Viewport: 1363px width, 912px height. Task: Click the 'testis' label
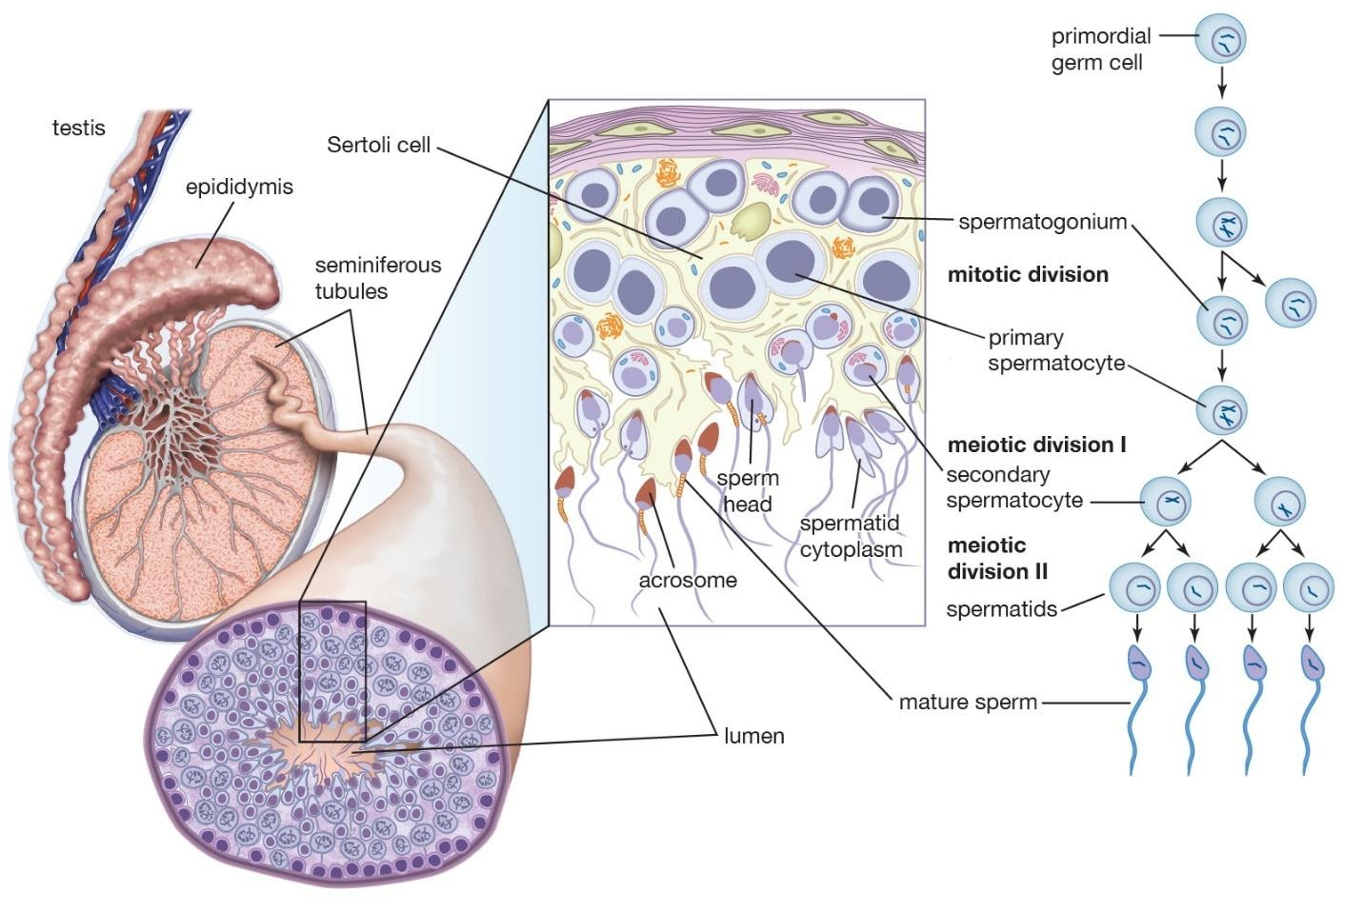coord(78,128)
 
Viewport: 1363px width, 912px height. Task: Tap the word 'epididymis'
coord(239,187)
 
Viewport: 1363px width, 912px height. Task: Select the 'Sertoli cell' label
coord(378,146)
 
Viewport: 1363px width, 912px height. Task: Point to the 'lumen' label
coord(753,736)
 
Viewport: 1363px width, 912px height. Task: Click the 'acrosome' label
coord(687,580)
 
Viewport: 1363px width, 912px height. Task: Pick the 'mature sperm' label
coord(967,703)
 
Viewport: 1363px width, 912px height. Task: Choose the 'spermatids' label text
coord(1001,609)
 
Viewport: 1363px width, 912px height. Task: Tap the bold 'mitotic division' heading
coord(1028,275)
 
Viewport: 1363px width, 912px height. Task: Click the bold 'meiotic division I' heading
coord(1036,445)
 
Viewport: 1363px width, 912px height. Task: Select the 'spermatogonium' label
coord(1042,223)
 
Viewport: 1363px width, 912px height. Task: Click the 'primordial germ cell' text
coord(1100,50)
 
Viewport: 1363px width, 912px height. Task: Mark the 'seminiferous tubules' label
coord(378,278)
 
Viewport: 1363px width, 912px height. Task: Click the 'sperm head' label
coord(748,490)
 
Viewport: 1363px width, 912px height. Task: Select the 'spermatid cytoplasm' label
coord(851,536)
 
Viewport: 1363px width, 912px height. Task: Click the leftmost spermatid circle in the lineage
coord(1135,589)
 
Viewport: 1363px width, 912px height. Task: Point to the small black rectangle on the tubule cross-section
coord(332,671)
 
